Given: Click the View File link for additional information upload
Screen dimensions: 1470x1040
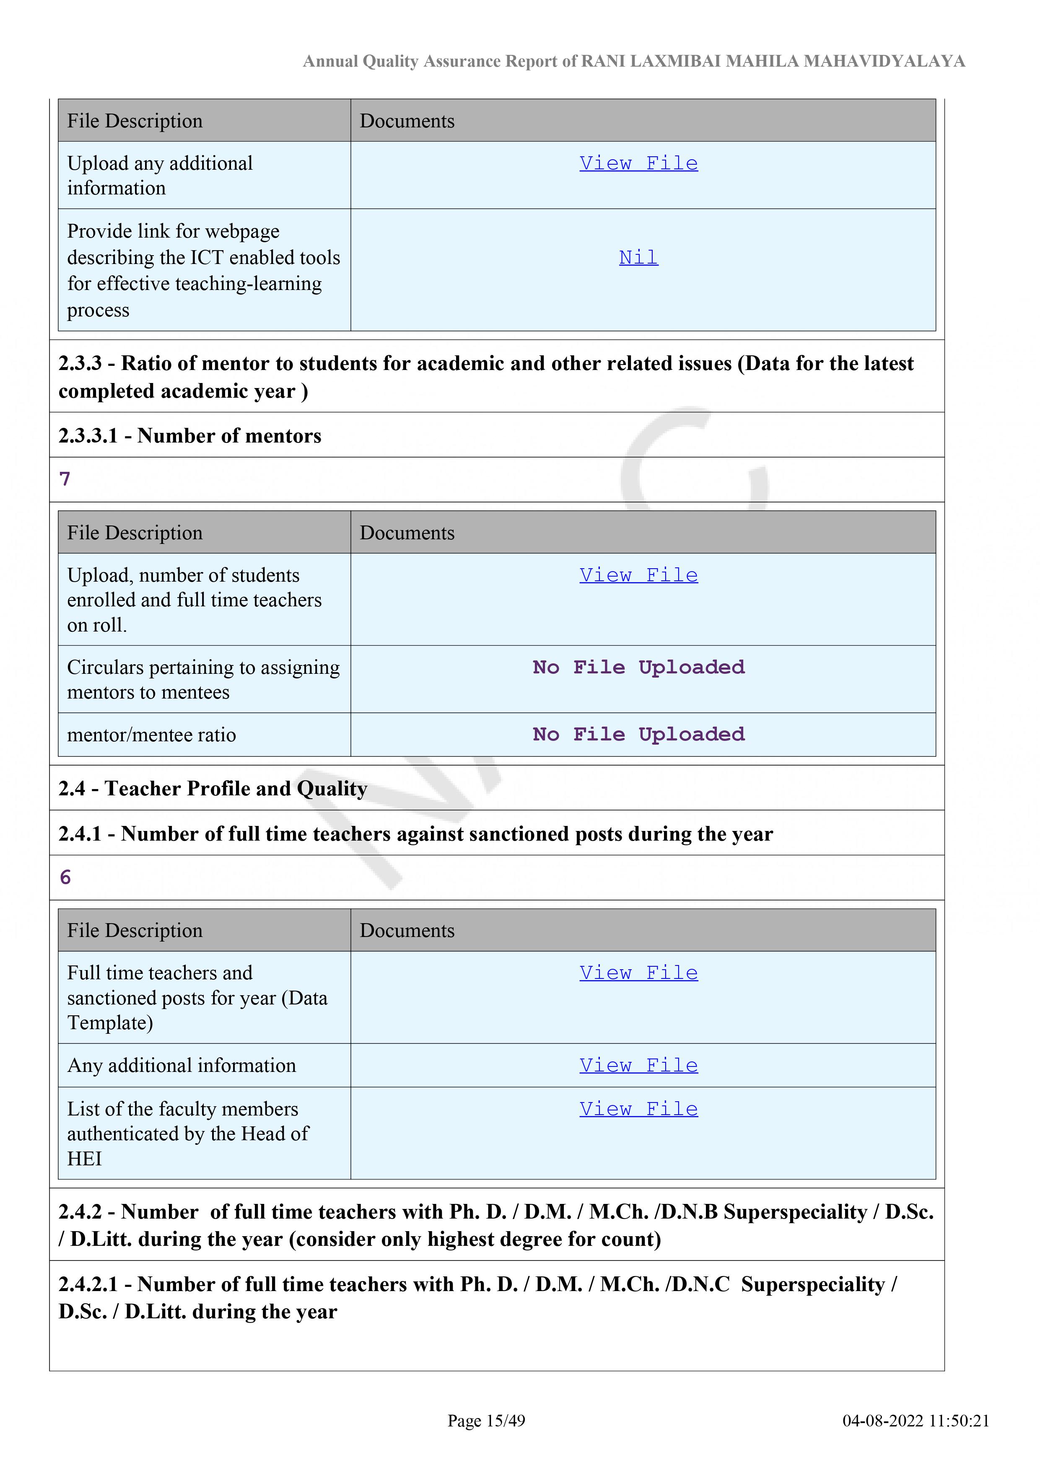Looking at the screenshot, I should [x=638, y=163].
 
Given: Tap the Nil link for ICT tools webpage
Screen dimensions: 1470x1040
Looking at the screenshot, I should [x=638, y=257].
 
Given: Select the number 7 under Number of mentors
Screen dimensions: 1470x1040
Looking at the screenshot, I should [x=65, y=479].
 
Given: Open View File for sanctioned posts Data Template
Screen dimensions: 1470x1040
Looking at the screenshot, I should [x=638, y=973].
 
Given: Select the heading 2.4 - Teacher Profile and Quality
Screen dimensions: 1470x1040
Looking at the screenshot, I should [x=213, y=788].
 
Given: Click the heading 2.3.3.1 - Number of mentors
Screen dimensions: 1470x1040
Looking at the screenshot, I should [x=189, y=435].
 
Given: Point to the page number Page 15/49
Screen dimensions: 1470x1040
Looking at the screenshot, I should [x=486, y=1421].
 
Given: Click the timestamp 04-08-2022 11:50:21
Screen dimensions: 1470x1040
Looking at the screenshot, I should [x=915, y=1421].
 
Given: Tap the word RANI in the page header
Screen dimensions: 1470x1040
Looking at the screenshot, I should [x=603, y=62].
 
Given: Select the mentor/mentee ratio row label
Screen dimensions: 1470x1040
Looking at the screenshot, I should [x=151, y=735].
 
